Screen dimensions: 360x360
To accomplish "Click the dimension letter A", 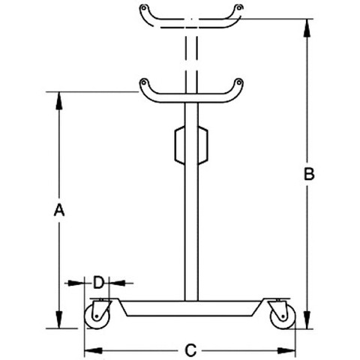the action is click(x=59, y=210).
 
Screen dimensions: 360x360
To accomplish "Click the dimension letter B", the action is click(x=309, y=174).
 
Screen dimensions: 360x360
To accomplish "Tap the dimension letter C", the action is click(x=190, y=350).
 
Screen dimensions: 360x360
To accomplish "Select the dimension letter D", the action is click(x=98, y=283).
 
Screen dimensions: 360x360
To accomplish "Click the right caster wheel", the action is click(x=283, y=316).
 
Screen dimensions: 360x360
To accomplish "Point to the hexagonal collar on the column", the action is click(x=191, y=145).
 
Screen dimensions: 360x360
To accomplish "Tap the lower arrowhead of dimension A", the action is click(x=59, y=319).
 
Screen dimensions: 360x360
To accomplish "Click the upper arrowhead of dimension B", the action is click(x=307, y=28).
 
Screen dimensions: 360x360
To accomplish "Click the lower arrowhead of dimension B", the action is click(x=307, y=320).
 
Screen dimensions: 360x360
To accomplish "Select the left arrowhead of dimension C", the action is click(x=94, y=350).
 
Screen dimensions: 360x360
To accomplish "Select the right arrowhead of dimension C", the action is click(x=286, y=350).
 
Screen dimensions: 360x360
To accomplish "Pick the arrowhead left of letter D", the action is click(x=76, y=283).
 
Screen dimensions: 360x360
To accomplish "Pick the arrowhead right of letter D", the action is click(x=118, y=283).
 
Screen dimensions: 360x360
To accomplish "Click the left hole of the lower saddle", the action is click(x=143, y=82).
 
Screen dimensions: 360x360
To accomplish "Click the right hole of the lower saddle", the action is click(x=238, y=82).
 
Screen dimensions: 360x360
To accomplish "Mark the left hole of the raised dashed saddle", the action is click(x=143, y=7).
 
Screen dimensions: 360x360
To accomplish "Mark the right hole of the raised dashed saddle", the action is click(x=239, y=7).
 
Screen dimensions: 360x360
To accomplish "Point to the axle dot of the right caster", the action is click(x=283, y=316).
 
